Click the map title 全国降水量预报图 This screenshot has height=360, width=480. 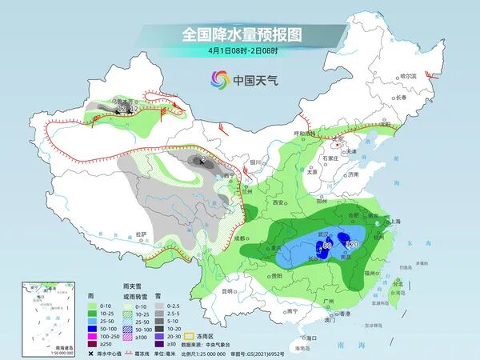coord(239,34)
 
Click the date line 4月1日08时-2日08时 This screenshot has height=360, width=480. coord(239,50)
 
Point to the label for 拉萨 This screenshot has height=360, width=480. coord(142,234)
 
